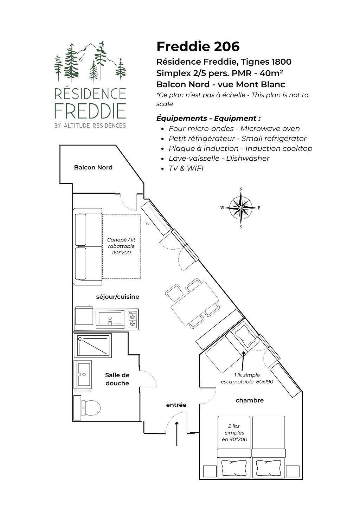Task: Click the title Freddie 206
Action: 198,47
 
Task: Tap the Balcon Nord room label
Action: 93,167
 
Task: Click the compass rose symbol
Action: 241,208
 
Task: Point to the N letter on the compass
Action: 241,189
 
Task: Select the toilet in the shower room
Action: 88,407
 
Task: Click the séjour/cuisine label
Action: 117,297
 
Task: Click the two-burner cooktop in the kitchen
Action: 132,319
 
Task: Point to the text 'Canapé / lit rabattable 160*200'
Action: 121,246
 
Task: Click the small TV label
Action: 148,224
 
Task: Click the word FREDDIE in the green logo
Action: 90,111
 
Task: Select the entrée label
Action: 176,405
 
